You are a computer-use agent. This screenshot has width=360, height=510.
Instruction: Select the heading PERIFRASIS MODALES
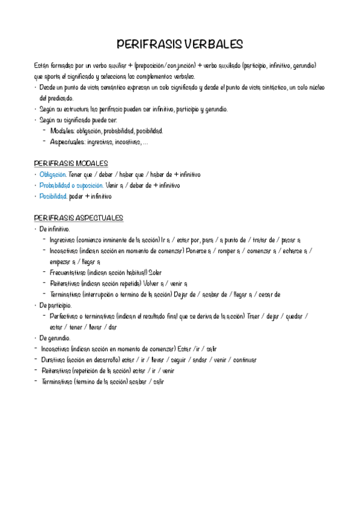click(71, 163)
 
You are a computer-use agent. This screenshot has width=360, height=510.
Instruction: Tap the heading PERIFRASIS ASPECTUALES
click(79, 218)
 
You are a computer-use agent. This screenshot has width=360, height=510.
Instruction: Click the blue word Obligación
click(53, 174)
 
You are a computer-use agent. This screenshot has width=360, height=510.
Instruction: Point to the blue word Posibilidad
click(53, 196)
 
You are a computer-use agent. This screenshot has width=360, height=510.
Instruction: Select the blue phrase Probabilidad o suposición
click(71, 185)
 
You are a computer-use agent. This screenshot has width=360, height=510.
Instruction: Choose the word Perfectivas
click(67, 316)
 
